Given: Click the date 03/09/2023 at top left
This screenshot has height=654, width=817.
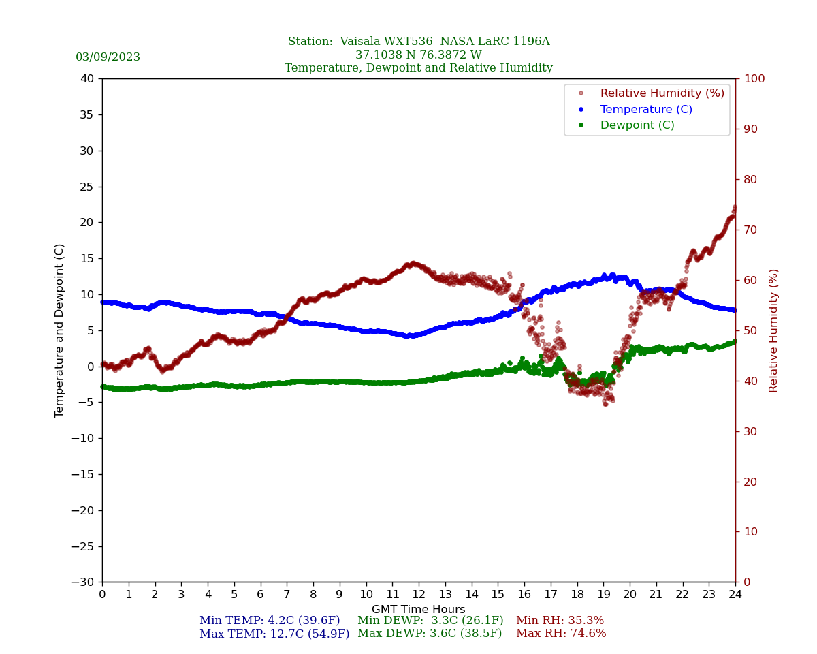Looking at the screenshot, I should click(108, 57).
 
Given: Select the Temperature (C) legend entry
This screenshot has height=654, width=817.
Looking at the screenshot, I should click(645, 110).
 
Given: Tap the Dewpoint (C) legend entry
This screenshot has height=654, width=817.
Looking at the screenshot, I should click(637, 125).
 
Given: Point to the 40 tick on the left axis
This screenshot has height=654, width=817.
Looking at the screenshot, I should click(87, 79).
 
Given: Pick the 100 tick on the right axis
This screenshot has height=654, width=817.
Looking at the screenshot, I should click(754, 79).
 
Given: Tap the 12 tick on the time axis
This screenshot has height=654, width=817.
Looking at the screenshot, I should click(419, 595).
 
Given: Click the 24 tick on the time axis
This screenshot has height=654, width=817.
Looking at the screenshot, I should click(735, 595).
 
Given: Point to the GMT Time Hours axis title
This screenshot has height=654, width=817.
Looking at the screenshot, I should click(419, 610).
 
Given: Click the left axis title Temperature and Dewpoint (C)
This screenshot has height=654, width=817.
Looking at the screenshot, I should click(60, 330).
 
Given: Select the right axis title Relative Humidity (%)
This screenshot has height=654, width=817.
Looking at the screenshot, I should click(774, 330).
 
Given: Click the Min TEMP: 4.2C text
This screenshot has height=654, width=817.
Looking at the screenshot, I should click(270, 621).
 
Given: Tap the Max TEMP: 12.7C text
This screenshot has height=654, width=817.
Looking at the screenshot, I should click(274, 634).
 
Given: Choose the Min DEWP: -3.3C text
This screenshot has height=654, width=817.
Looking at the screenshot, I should click(430, 621).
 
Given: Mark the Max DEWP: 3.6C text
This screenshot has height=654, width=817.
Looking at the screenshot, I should click(430, 634).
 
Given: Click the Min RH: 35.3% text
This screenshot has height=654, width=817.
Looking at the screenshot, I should click(560, 621).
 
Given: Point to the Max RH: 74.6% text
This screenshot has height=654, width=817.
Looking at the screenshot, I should click(561, 634).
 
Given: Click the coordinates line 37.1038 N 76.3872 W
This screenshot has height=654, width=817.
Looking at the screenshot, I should click(419, 55).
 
